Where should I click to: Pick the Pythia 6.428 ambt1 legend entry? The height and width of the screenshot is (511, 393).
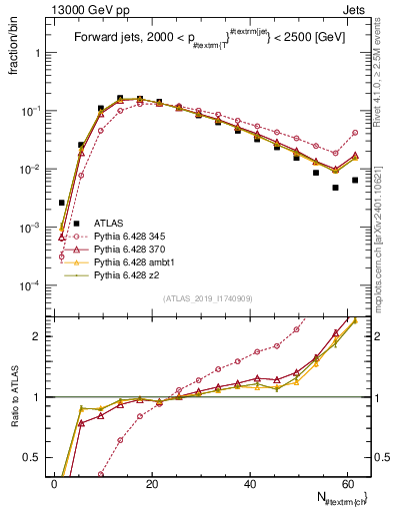(129, 259)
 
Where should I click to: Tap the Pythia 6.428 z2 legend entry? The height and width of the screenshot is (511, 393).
(123, 271)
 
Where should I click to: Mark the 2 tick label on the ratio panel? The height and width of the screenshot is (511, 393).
(34, 336)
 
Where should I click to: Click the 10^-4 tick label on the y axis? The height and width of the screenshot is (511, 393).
(27, 286)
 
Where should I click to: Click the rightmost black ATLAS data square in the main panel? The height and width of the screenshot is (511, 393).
(355, 180)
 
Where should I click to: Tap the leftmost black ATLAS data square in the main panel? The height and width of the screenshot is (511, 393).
(62, 203)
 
